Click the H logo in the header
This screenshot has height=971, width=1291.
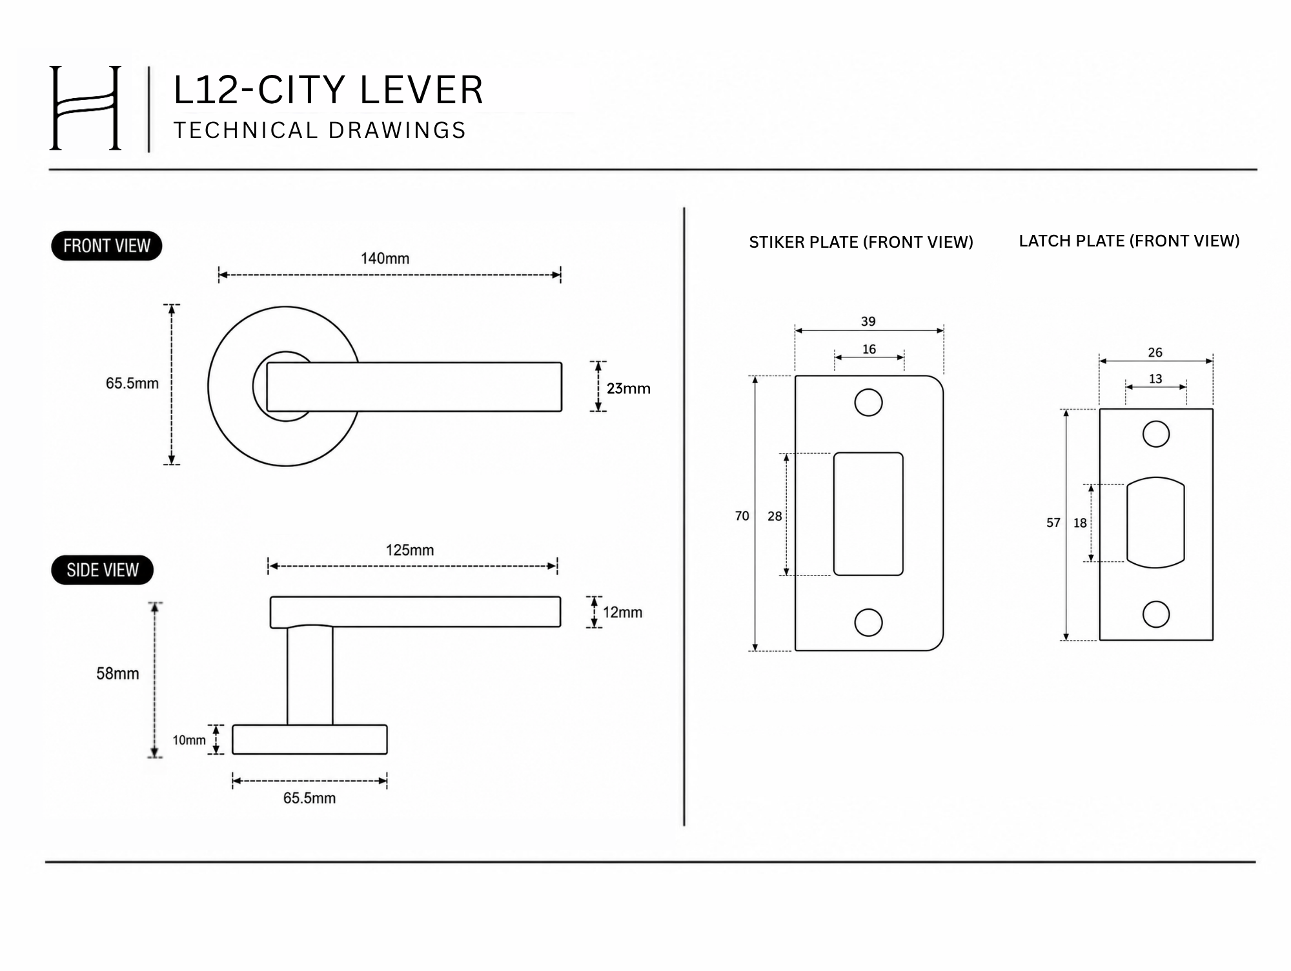click(85, 108)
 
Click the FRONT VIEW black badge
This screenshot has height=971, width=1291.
click(107, 246)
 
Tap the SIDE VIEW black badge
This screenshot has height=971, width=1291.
click(102, 570)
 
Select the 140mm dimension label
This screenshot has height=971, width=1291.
click(385, 259)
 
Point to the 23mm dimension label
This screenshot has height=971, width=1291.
click(628, 388)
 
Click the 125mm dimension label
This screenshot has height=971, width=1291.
click(410, 550)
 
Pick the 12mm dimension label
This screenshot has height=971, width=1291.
click(622, 612)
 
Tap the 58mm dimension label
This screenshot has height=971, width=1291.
click(117, 674)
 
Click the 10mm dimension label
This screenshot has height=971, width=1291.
click(188, 740)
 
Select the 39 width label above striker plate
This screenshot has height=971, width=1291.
click(868, 321)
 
